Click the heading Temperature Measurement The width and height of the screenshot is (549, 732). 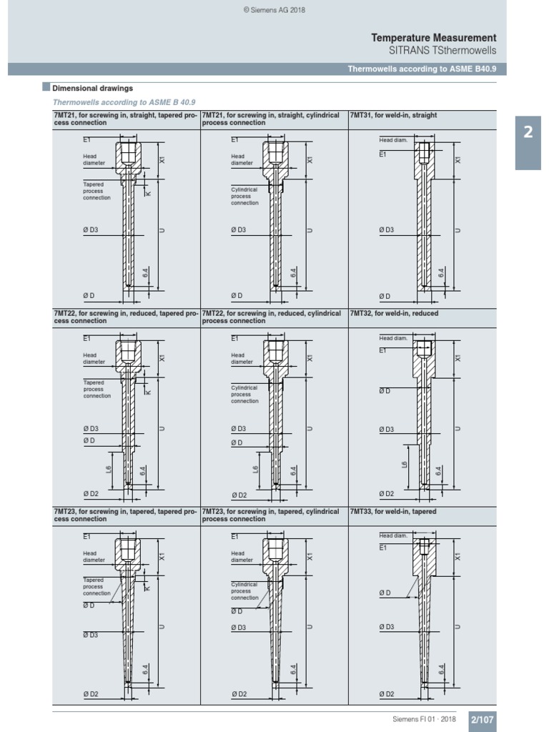[x=433, y=37]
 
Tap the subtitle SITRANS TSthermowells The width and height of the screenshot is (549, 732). [x=442, y=51]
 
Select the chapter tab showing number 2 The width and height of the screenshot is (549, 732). [x=528, y=133]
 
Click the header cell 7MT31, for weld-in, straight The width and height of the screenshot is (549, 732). [x=393, y=115]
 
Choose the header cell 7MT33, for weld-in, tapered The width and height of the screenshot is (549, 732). [x=393, y=512]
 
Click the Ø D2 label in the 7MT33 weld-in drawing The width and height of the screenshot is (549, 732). [x=386, y=693]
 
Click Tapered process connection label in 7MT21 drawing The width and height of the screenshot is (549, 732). [x=97, y=191]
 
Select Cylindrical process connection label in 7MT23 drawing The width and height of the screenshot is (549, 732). [x=244, y=591]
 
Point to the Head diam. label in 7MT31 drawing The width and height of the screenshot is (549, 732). [x=392, y=140]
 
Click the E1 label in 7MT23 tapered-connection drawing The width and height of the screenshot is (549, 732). [x=86, y=535]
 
